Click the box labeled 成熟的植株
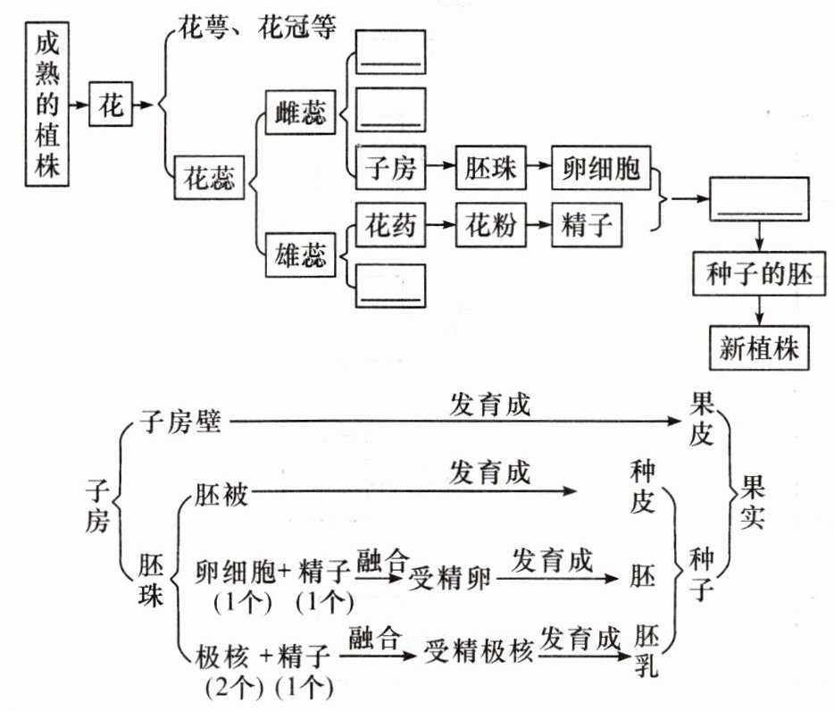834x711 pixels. click(x=49, y=104)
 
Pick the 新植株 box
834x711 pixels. click(x=759, y=347)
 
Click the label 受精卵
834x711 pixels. click(x=452, y=579)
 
